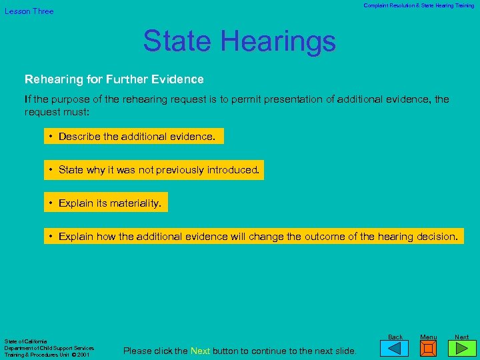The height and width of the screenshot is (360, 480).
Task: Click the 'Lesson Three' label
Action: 29,11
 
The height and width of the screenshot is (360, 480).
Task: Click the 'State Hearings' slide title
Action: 239,41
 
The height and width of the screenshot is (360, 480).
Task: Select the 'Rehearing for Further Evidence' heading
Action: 114,79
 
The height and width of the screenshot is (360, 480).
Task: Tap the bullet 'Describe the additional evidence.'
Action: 134,137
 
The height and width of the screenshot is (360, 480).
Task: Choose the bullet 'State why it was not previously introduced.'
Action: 154,170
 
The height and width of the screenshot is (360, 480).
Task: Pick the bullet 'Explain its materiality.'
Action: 106,203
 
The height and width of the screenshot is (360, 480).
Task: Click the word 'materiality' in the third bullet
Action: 137,203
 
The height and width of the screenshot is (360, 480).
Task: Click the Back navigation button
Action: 395,347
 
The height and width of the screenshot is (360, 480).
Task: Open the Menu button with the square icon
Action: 429,348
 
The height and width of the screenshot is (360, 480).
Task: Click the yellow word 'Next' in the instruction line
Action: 200,351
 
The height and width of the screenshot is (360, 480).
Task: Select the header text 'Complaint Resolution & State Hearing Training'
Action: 419,5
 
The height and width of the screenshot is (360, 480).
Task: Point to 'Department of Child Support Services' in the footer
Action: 49,348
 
